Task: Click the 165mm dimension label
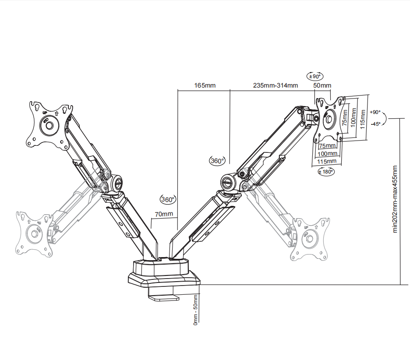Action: pyautogui.click(x=205, y=85)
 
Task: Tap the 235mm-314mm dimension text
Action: pyautogui.click(x=275, y=85)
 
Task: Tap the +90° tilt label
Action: pyautogui.click(x=375, y=112)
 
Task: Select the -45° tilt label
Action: pyautogui.click(x=375, y=124)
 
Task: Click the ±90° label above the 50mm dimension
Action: pyautogui.click(x=315, y=76)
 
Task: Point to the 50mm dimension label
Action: pyautogui.click(x=322, y=85)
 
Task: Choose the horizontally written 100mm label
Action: pyautogui.click(x=328, y=153)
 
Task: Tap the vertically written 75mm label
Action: pyautogui.click(x=345, y=117)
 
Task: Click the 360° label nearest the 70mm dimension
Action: pyautogui.click(x=168, y=200)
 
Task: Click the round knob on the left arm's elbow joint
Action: pyautogui.click(x=117, y=182)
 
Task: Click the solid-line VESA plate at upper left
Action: pyautogui.click(x=49, y=124)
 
